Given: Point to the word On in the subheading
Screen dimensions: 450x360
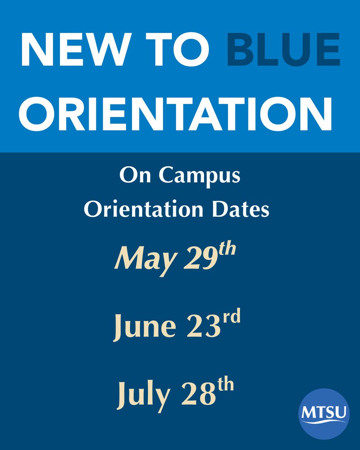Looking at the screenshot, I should coord(131,175).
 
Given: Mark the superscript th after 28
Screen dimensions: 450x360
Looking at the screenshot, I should coord(225,384).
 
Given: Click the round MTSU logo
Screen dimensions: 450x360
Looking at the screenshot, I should coord(324,414).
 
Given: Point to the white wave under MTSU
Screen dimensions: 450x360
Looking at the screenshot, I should coord(324,422).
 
